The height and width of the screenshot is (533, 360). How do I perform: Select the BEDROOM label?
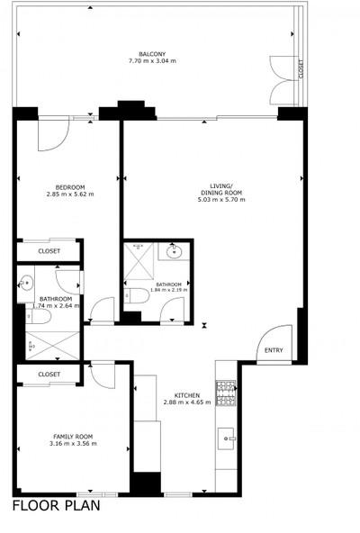click(70, 187)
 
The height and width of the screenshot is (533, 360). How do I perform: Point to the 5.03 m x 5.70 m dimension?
click(221, 200)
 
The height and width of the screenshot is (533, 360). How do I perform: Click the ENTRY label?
click(274, 350)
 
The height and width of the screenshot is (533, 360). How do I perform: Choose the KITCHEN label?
click(187, 395)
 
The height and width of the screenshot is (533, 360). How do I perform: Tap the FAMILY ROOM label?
click(73, 437)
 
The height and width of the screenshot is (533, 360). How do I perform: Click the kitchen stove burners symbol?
click(226, 393)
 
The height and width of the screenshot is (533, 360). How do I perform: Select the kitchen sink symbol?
click(227, 438)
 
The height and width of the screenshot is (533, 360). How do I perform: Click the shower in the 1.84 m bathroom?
click(139, 261)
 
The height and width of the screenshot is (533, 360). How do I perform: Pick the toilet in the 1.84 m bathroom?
click(137, 295)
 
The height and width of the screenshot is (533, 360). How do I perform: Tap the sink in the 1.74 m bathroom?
click(25, 283)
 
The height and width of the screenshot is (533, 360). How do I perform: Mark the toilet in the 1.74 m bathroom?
click(39, 317)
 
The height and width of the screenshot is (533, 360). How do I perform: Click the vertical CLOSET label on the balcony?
click(301, 69)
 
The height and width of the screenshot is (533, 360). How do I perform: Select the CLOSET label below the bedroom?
click(49, 251)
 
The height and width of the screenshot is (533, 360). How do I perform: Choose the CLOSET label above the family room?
click(49, 375)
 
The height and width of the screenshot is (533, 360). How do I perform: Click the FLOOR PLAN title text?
click(57, 506)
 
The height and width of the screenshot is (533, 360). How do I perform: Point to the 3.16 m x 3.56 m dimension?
click(73, 444)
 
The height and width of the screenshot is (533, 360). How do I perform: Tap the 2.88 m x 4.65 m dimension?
click(187, 402)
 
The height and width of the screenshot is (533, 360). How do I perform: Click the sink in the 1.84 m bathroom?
click(174, 252)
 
